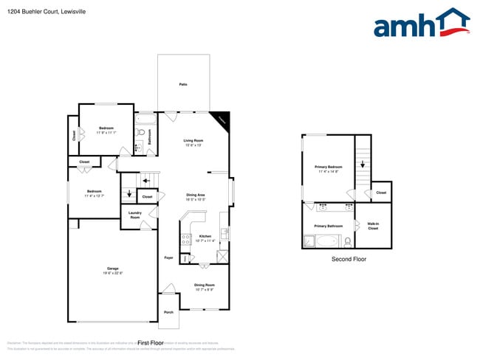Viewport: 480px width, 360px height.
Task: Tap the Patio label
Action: coord(183,85)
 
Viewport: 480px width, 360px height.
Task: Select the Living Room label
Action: coord(193,142)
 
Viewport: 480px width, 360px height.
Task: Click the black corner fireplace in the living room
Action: coord(221,120)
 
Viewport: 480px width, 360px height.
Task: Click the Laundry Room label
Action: coord(135,215)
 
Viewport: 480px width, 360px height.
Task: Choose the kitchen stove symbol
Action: coord(186,239)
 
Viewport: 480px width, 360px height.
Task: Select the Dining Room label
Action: coord(204,286)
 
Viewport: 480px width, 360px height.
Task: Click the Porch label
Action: coord(168,312)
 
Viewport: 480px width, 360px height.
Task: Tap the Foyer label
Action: coord(168,258)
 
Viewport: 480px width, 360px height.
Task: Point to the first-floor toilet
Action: coord(139,133)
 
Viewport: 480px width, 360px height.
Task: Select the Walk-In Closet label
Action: coord(373,226)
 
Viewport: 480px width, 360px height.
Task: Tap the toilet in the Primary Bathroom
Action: coord(347,240)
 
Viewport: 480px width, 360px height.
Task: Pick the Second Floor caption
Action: coord(349,260)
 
